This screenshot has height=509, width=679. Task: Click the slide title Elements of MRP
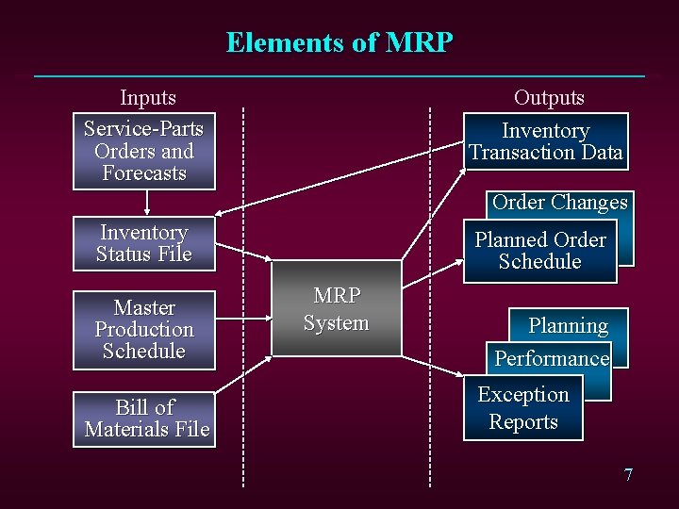(x=339, y=42)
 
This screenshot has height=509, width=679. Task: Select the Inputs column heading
(x=148, y=97)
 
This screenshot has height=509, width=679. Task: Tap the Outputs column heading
(x=549, y=97)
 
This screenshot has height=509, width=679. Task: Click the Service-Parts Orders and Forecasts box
(x=143, y=151)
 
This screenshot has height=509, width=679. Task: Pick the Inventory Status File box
(x=143, y=243)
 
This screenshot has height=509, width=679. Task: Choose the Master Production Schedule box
(x=143, y=330)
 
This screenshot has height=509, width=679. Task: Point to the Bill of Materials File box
(x=146, y=419)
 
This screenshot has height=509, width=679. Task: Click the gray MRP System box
(x=337, y=309)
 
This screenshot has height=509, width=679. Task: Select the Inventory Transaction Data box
(x=546, y=141)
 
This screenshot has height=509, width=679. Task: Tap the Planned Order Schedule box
(x=539, y=251)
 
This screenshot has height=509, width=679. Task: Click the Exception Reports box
(x=522, y=408)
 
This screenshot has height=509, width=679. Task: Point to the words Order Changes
(x=559, y=202)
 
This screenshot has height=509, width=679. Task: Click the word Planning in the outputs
(x=568, y=326)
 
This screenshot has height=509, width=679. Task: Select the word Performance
(x=552, y=358)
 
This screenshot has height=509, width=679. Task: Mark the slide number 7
(x=628, y=474)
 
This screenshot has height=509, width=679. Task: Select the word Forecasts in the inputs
(x=143, y=173)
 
